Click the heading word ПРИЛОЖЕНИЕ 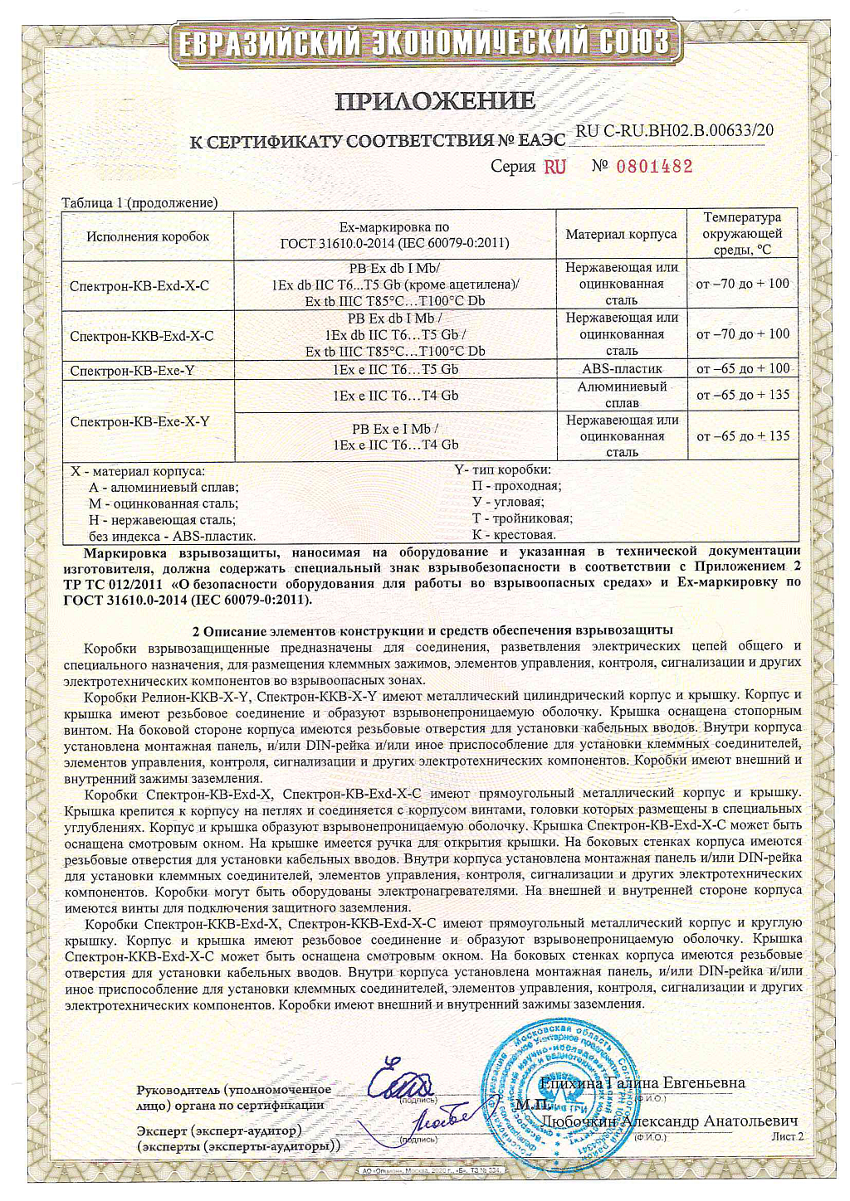[435, 101]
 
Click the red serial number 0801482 [654, 166]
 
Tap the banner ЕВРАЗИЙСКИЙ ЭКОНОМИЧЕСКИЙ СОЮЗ [425, 41]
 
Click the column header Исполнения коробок [148, 236]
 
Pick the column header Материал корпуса [621, 235]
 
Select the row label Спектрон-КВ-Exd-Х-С [139, 285]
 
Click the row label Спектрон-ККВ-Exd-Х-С [142, 336]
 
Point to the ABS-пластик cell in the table [622, 369]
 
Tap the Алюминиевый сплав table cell [622, 395]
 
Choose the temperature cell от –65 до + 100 [743, 368]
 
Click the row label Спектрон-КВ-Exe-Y [133, 371]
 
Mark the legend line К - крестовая [513, 535]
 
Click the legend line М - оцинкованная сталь [163, 503]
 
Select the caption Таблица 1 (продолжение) [139, 202]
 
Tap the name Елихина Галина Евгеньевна [642, 1082]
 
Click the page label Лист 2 [787, 1136]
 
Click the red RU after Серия [555, 167]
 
